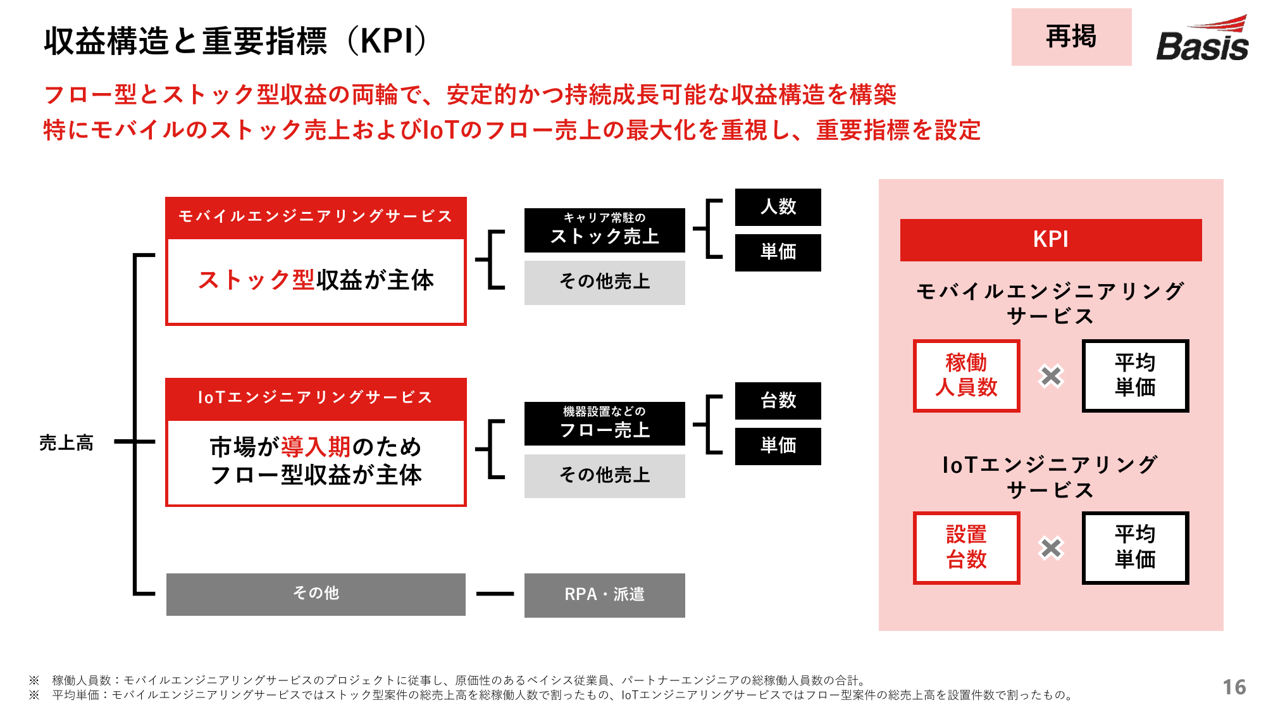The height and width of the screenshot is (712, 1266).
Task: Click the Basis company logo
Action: pos(1202,39)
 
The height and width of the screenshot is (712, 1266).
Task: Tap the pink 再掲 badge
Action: pos(1071,37)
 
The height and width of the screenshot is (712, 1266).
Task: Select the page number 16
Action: pos(1234,687)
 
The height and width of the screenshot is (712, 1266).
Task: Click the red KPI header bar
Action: pos(1051,240)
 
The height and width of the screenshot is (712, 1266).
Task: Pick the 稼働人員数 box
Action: pos(966,375)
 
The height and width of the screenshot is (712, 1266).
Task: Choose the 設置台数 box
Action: pos(966,547)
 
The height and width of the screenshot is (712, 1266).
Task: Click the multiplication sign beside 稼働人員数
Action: pos(1051,376)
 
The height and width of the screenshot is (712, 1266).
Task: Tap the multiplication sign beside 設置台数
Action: pos(1051,548)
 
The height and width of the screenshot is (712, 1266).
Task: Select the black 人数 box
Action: pos(778,207)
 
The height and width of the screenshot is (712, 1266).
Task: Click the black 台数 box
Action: pos(778,401)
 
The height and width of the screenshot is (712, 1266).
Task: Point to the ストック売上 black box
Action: pos(604,230)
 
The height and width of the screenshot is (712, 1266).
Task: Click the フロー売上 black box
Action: pos(604,423)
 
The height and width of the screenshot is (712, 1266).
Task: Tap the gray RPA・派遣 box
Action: pos(604,595)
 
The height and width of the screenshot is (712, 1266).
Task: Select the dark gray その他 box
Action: pos(316,594)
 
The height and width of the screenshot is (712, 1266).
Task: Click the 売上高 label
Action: pos(66,442)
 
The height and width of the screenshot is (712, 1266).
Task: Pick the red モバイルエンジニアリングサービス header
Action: pos(316,217)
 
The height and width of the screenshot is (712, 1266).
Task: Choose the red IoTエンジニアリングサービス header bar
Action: pos(316,398)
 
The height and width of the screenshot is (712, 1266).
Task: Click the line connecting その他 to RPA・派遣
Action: pos(495,594)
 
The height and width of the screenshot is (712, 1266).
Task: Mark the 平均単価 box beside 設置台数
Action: pos(1135,547)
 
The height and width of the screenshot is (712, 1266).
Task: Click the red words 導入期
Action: pos(316,447)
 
